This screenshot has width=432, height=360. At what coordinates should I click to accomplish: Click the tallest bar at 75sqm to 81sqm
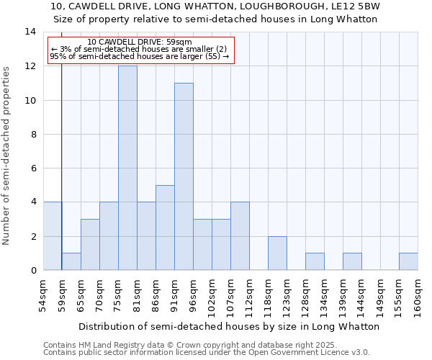click(x=127, y=168)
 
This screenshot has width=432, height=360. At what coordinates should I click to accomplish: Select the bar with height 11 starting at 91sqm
click(x=184, y=176)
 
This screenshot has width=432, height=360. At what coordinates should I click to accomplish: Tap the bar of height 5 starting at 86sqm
click(x=165, y=228)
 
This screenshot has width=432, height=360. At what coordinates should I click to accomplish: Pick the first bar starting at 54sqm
click(x=53, y=236)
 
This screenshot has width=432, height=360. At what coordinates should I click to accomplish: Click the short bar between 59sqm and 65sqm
click(x=71, y=261)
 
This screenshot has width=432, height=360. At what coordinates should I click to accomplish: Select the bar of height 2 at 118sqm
click(x=277, y=253)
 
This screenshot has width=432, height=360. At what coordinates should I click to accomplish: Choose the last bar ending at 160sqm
click(x=408, y=261)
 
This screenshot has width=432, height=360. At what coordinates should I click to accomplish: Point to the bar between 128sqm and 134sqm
click(x=315, y=261)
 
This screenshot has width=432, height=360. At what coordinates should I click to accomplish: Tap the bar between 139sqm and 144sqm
click(x=352, y=261)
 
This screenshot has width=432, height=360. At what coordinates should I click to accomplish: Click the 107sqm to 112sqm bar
click(x=240, y=236)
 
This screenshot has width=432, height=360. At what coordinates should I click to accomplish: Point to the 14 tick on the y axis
click(x=30, y=32)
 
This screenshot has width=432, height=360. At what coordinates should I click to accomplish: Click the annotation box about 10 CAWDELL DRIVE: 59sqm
click(x=141, y=50)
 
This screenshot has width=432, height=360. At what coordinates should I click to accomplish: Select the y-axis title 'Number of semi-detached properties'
click(x=7, y=156)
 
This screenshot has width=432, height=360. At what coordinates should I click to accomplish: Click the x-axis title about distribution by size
click(x=229, y=326)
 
